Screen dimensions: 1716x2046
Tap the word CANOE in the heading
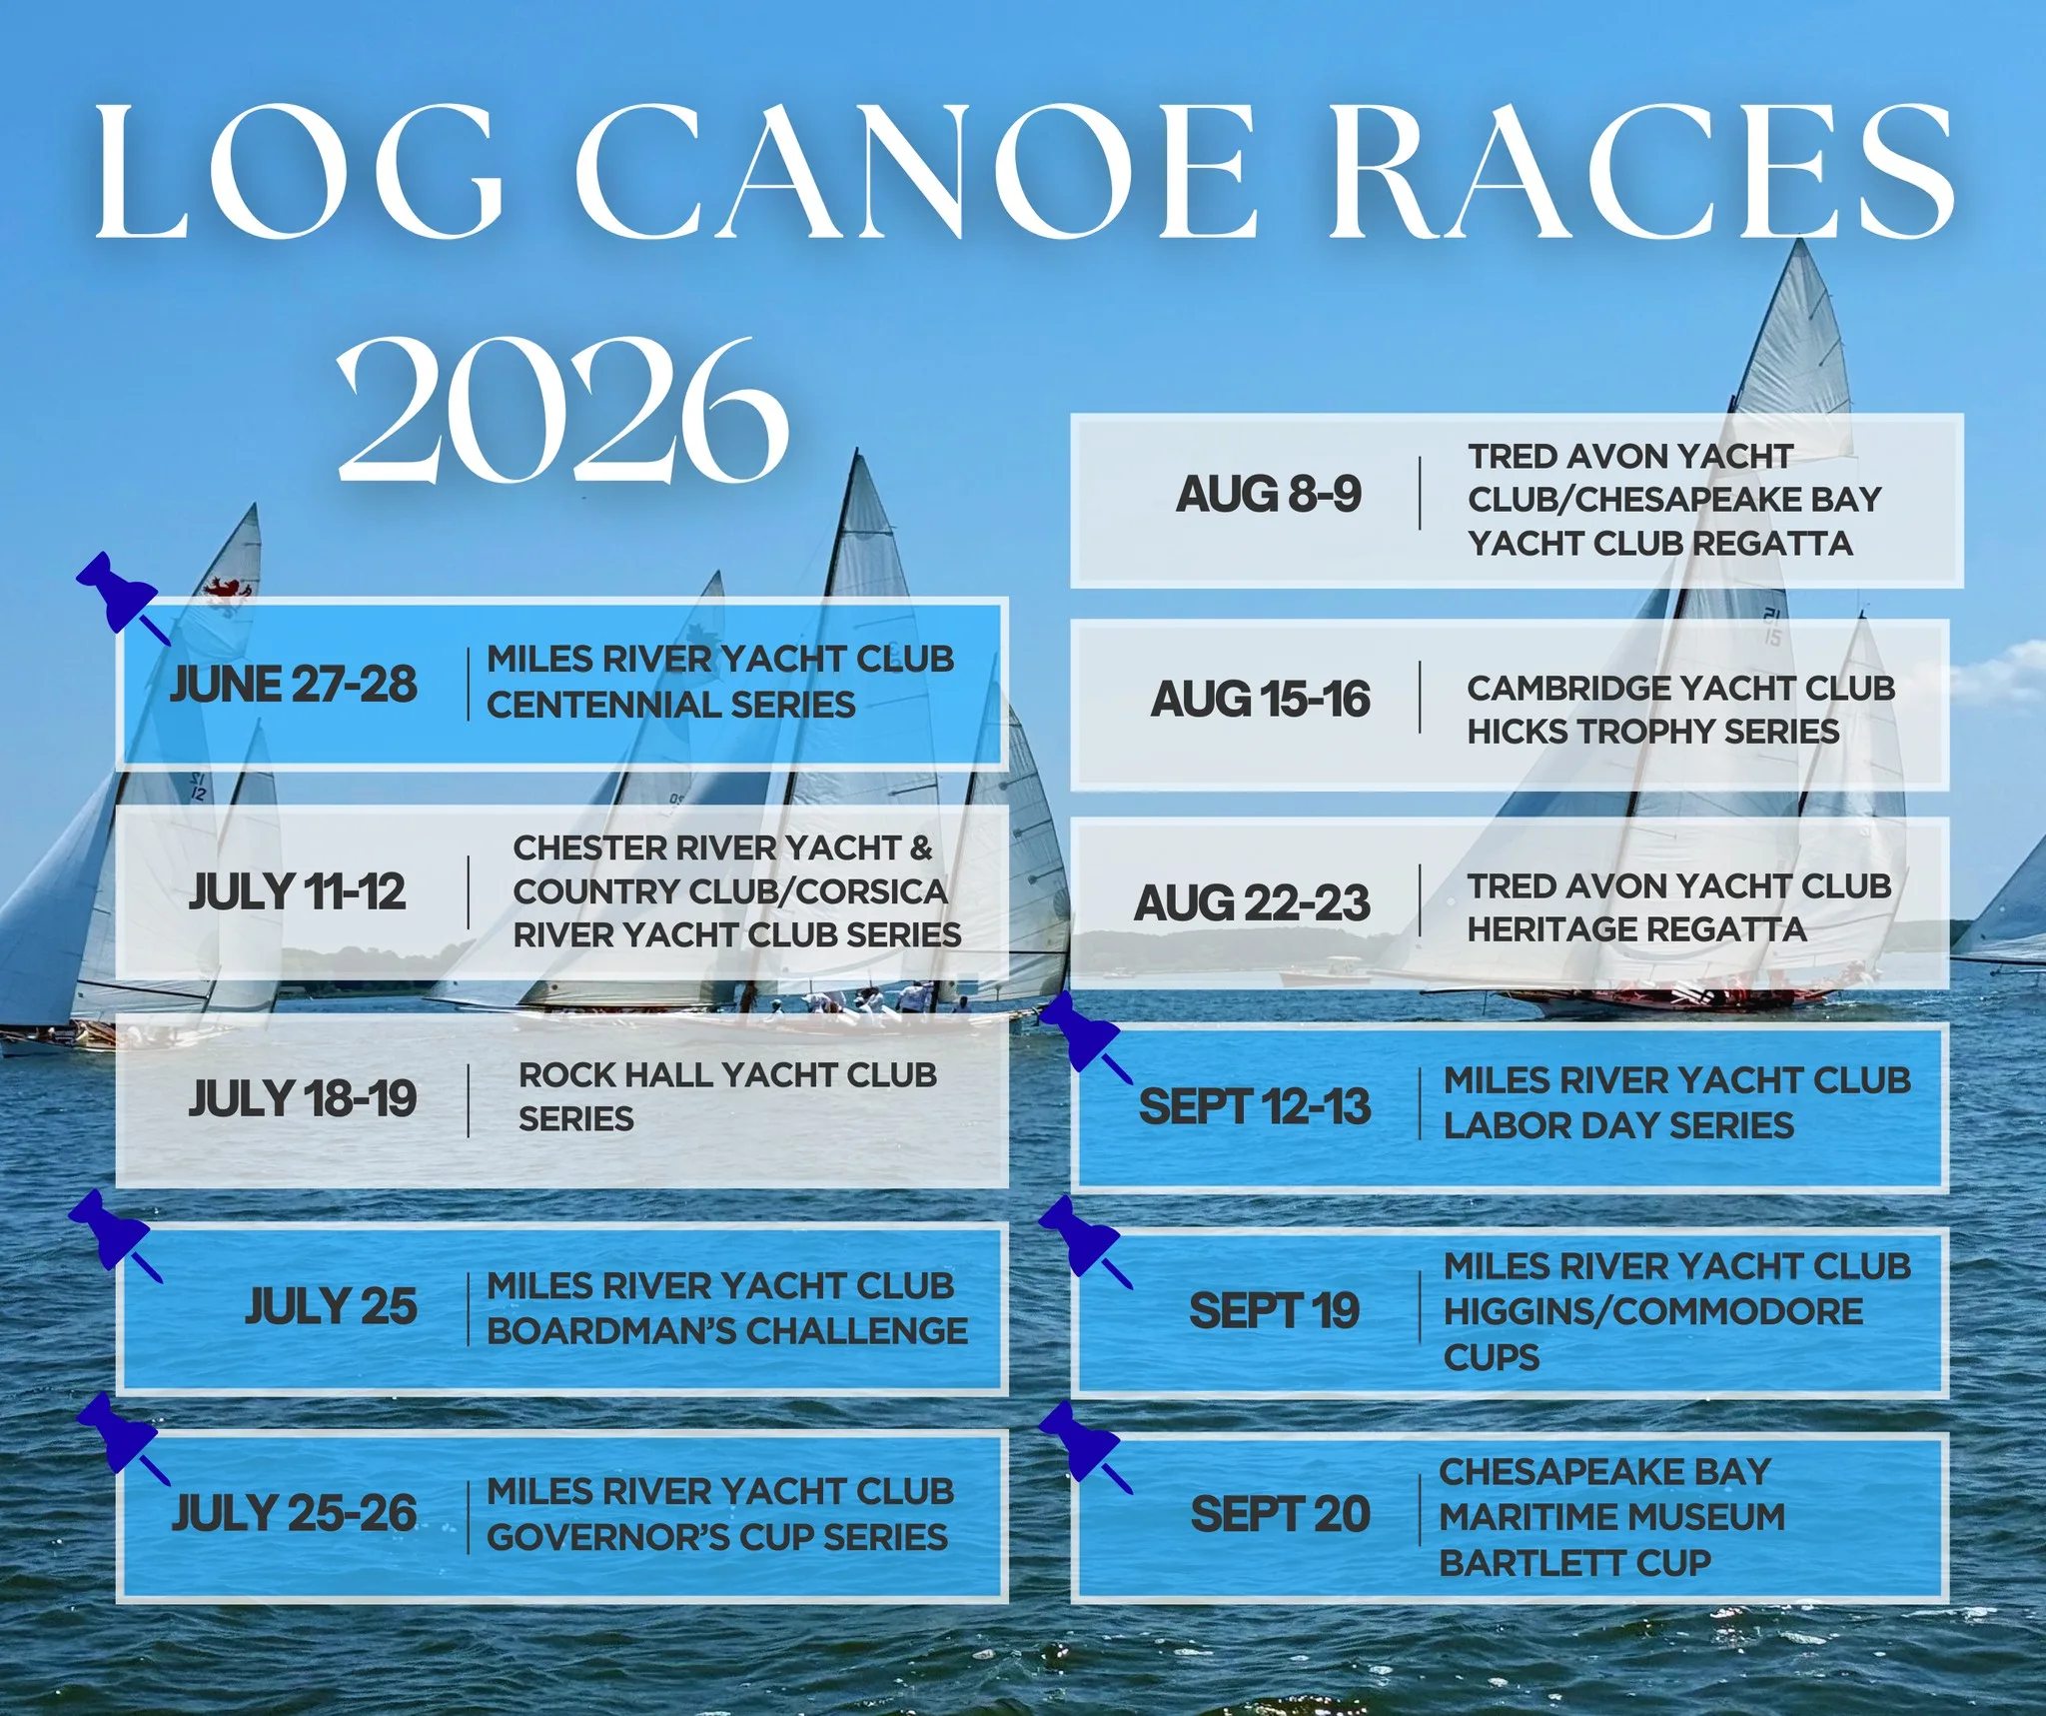point(914,172)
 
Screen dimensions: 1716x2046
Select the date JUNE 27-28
point(294,685)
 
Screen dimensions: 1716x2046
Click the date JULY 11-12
point(298,891)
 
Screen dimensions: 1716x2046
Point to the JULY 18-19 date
point(303,1098)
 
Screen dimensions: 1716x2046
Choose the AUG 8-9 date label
point(1269,495)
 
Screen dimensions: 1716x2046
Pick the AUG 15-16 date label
point(1261,700)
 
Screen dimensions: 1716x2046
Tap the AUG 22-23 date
point(1252,903)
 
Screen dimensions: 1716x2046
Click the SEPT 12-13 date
point(1255,1107)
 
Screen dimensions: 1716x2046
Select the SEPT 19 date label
point(1275,1311)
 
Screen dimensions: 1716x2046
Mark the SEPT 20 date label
point(1281,1514)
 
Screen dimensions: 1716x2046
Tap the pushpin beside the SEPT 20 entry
point(1083,1445)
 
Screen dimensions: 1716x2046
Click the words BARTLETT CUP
point(1575,1563)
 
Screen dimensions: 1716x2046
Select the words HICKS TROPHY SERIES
point(1653,732)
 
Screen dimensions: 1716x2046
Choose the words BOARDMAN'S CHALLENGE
point(727,1331)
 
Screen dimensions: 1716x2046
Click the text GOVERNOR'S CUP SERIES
point(717,1537)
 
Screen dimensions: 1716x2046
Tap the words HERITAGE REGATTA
point(1637,929)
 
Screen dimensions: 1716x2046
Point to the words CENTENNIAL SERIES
point(671,705)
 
